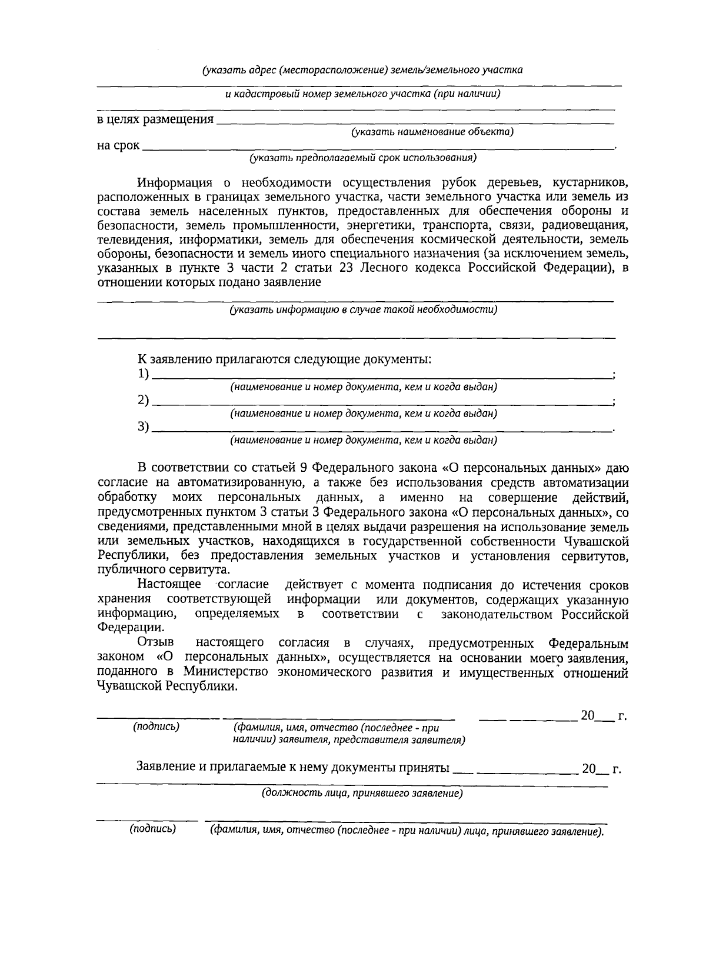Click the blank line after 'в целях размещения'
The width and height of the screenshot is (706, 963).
point(415,122)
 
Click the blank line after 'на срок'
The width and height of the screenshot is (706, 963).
point(377,148)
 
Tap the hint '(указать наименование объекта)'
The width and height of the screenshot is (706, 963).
point(432,132)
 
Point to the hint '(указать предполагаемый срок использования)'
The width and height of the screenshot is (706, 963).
point(362,158)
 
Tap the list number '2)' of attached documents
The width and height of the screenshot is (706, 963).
point(144,401)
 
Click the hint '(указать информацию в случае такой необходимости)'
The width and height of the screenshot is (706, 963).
point(364,309)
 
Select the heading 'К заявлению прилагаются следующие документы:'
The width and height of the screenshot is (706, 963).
point(284,359)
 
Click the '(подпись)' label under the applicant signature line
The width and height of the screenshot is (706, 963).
point(156,727)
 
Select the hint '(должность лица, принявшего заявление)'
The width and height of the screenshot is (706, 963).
point(362,794)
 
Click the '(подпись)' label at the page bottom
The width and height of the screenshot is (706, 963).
point(152,829)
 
